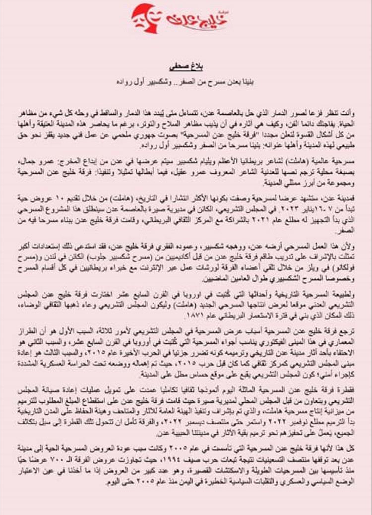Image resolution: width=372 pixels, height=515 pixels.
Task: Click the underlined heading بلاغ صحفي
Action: click(186, 65)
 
